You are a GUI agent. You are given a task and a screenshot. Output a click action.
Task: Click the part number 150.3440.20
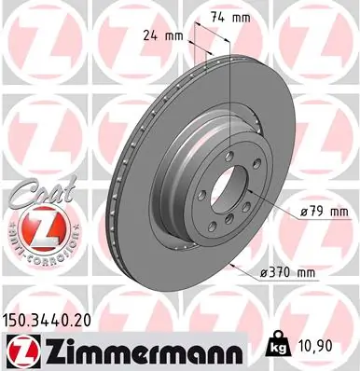(52, 319)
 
